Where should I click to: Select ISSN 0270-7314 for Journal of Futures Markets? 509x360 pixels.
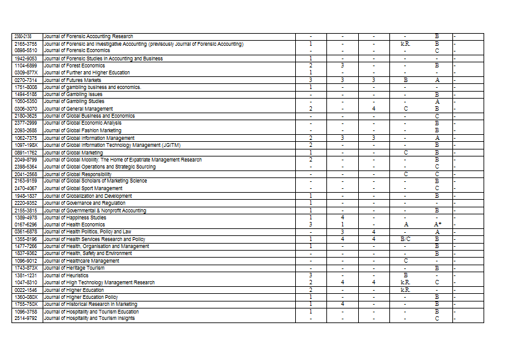[x=27, y=80]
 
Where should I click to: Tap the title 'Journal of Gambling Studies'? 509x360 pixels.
[x=74, y=101]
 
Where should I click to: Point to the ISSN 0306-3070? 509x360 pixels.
[x=27, y=109]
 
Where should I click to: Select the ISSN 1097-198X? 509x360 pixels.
[x=27, y=145]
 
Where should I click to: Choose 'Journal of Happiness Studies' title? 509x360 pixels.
[x=75, y=218]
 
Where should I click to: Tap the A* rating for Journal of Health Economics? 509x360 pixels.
[x=437, y=225]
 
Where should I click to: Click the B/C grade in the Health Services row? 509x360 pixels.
[x=405, y=239]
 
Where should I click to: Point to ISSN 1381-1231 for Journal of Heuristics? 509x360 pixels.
[x=27, y=275]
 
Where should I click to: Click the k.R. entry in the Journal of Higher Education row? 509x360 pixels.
[x=405, y=289]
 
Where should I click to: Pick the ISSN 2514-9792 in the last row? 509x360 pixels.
[x=27, y=318]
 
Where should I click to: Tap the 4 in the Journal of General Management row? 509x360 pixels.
[x=373, y=109]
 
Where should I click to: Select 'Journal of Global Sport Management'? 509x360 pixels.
[x=83, y=188]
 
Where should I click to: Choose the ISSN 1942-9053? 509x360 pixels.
[x=27, y=59]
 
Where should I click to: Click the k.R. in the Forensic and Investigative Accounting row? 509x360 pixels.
[x=405, y=44]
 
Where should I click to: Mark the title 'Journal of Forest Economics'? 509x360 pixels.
[x=74, y=66]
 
